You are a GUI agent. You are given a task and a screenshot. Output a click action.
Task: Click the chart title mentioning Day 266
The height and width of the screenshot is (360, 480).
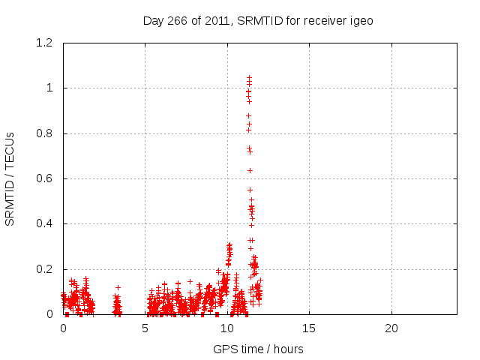pos(258,21)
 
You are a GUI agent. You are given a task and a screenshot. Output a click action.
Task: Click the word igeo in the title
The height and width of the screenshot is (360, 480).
pos(361,21)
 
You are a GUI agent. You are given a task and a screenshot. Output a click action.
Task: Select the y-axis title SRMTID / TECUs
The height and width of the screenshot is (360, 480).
pos(10,178)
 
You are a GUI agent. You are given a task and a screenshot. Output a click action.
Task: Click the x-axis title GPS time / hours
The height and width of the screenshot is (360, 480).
pos(258,349)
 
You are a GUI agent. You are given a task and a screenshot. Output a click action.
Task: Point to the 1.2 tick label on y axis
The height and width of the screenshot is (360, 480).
pos(46,43)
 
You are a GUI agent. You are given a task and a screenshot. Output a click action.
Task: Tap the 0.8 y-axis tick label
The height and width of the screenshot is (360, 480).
pos(46,133)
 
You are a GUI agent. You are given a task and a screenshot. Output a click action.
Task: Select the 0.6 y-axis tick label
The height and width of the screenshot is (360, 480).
pos(46,178)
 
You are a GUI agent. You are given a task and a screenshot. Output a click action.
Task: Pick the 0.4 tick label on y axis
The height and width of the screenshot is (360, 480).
pos(46,223)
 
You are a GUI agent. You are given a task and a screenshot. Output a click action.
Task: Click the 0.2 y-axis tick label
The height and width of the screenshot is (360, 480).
pos(46,269)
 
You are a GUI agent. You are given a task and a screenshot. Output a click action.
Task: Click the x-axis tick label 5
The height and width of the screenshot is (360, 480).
pos(145,328)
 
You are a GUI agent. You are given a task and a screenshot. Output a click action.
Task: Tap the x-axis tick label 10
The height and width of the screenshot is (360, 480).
pos(227,328)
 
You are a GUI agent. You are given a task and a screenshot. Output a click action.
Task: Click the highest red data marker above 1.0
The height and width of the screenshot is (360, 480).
pos(249,77)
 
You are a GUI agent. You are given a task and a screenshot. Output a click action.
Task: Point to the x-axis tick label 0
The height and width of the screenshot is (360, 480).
pos(63,328)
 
